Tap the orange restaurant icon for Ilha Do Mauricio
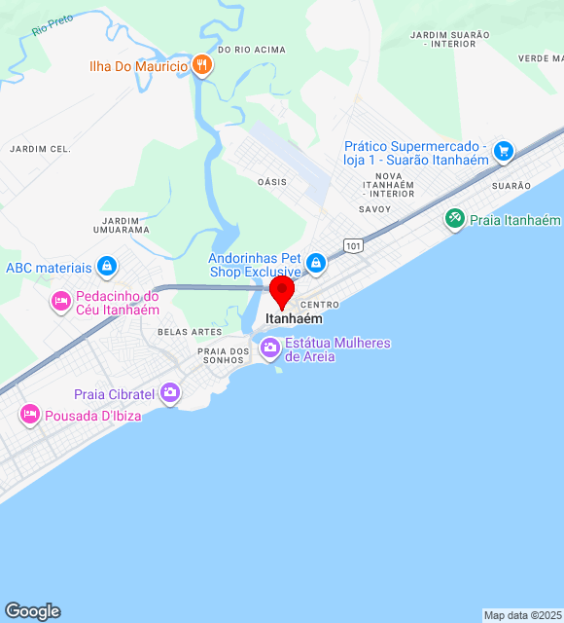click(x=202, y=65)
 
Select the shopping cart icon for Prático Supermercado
click(x=503, y=151)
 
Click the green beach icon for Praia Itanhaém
click(x=454, y=219)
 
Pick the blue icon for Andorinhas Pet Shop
click(x=315, y=263)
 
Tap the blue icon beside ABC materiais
click(x=107, y=266)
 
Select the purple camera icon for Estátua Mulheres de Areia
click(x=269, y=347)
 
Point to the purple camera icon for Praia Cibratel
click(x=170, y=393)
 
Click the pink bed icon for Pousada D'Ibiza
click(x=29, y=416)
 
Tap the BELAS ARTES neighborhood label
click(x=183, y=332)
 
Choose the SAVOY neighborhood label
click(x=374, y=209)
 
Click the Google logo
click(x=32, y=611)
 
